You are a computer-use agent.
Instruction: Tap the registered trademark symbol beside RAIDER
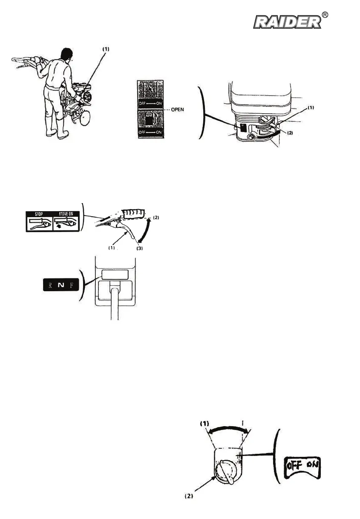325,15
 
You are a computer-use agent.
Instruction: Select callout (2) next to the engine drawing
290,133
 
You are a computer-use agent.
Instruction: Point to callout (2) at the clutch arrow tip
157,218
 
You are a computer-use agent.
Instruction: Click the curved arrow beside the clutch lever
143,234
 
